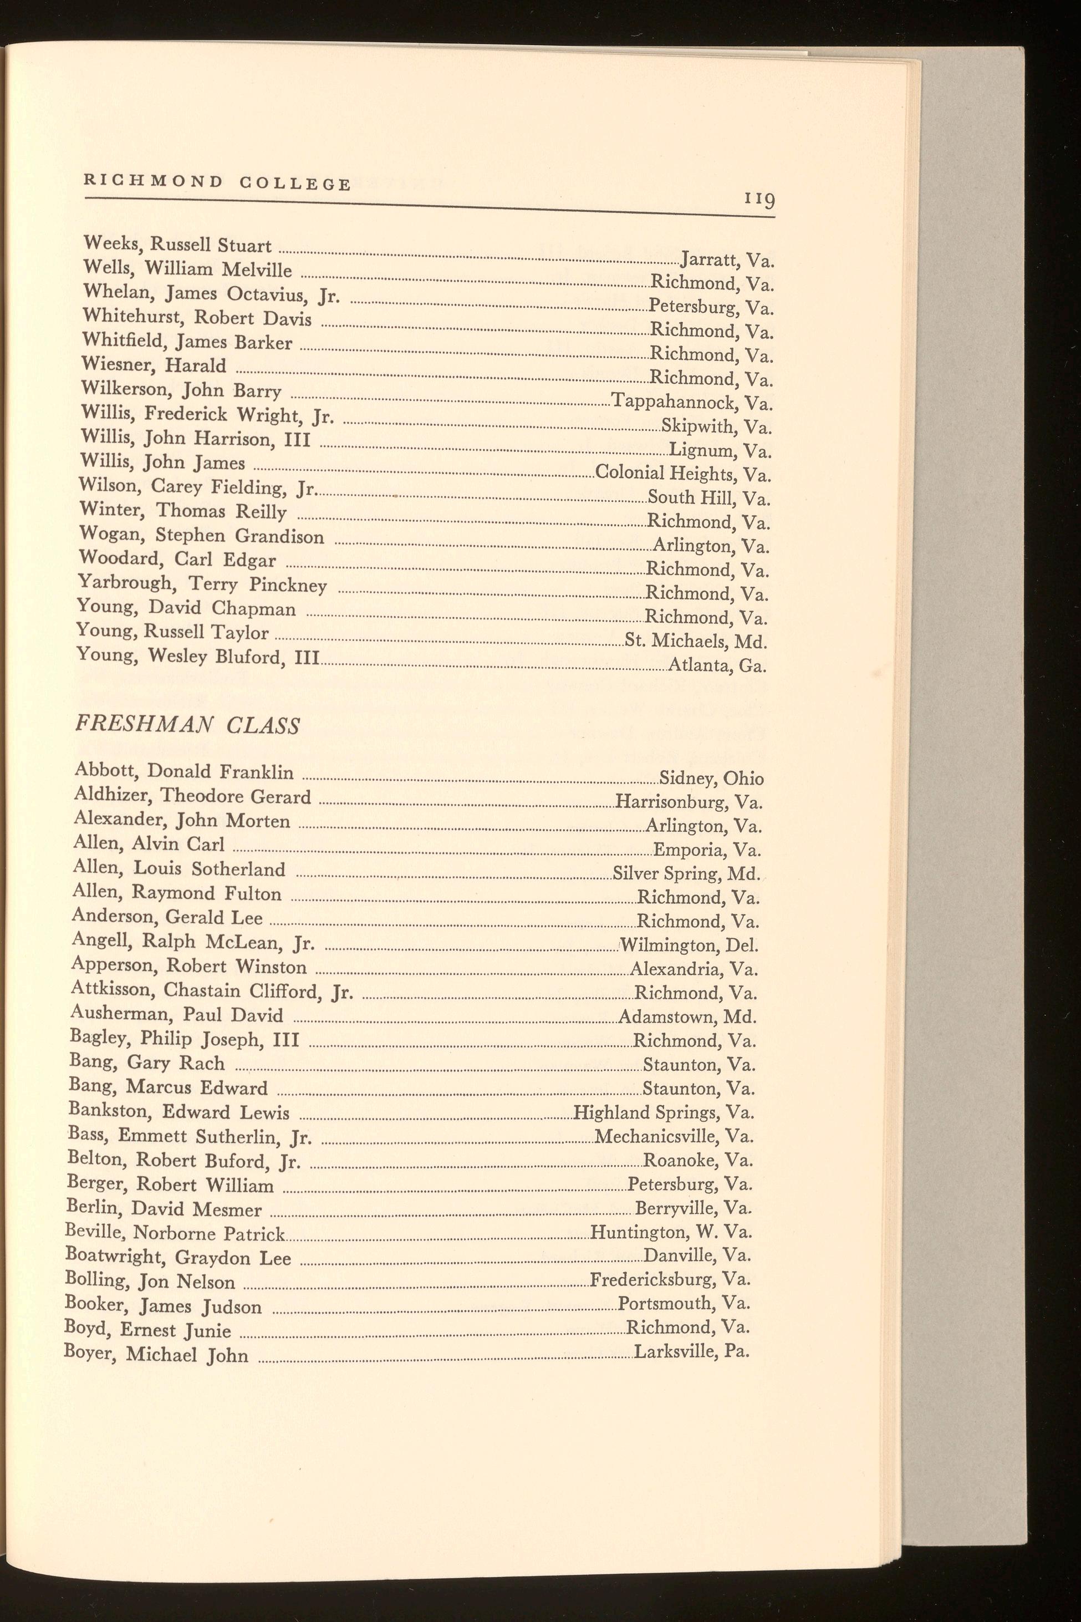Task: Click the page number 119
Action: pyautogui.click(x=759, y=200)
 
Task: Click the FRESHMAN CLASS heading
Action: pyautogui.click(x=187, y=725)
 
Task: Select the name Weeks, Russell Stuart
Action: pyautogui.click(x=177, y=245)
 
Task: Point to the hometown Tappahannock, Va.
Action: pyautogui.click(x=691, y=401)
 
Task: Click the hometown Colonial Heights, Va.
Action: pyautogui.click(x=682, y=473)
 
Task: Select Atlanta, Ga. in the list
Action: pyautogui.click(x=718, y=665)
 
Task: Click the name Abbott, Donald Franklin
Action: pyautogui.click(x=184, y=772)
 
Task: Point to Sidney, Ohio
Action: pyautogui.click(x=711, y=779)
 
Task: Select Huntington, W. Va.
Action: pyautogui.click(x=671, y=1232)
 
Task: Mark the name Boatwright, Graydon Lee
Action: pyautogui.click(x=178, y=1257)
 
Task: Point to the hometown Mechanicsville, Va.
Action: pyautogui.click(x=674, y=1136)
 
